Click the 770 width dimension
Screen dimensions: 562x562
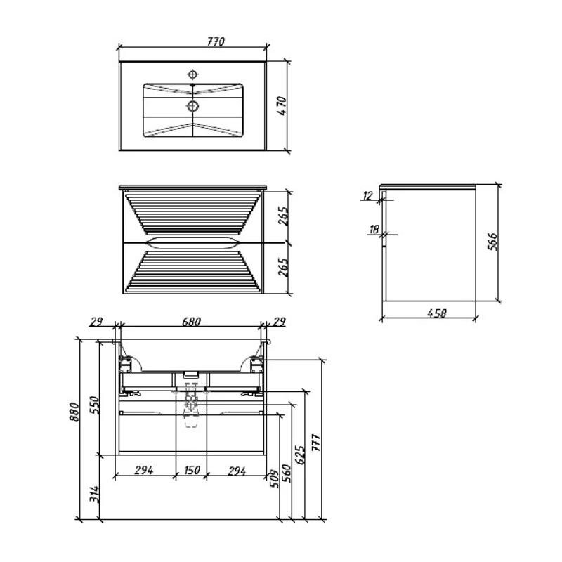216,41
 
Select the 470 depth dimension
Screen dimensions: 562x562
282,106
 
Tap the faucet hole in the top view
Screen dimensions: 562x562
192,74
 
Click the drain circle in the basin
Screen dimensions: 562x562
192,106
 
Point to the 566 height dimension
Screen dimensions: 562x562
493,242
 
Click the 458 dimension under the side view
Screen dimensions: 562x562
437,313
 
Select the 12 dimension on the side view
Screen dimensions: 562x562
367,196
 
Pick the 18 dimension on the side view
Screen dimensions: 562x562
374,230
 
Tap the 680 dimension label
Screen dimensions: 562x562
191,322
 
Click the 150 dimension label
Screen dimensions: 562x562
191,470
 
